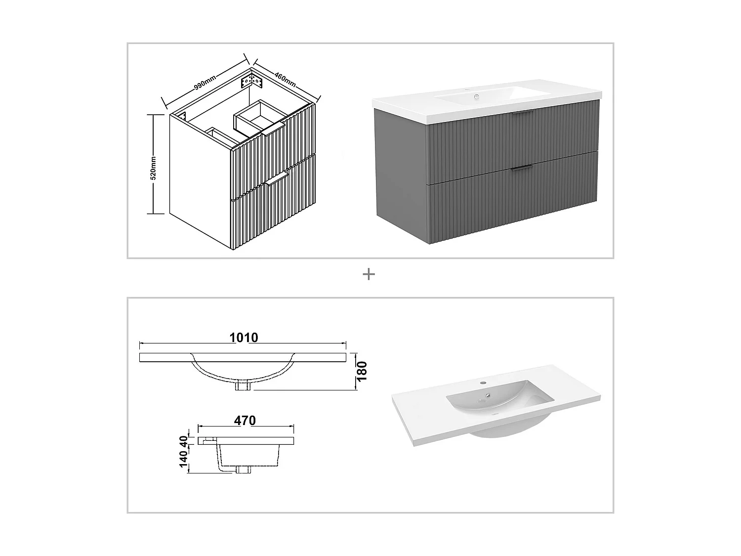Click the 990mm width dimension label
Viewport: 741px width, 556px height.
pos(205,83)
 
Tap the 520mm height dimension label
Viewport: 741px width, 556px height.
pos(153,168)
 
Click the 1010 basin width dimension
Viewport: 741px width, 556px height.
pos(244,338)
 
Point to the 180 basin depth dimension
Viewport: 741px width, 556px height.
pos(362,371)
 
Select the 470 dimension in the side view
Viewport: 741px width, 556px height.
pos(245,421)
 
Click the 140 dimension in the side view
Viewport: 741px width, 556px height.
pos(184,459)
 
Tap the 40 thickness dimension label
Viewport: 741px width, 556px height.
pos(184,440)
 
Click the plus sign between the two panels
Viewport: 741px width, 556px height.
pos(369,274)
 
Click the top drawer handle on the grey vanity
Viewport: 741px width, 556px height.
pos(522,114)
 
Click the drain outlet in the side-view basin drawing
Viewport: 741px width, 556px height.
pos(243,470)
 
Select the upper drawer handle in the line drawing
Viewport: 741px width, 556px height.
pos(273,129)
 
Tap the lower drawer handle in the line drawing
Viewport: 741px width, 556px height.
pos(277,178)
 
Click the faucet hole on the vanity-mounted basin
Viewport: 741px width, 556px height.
pos(477,96)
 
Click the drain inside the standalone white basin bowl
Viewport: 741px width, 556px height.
pos(488,395)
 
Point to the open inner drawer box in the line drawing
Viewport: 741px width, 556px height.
pos(258,118)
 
